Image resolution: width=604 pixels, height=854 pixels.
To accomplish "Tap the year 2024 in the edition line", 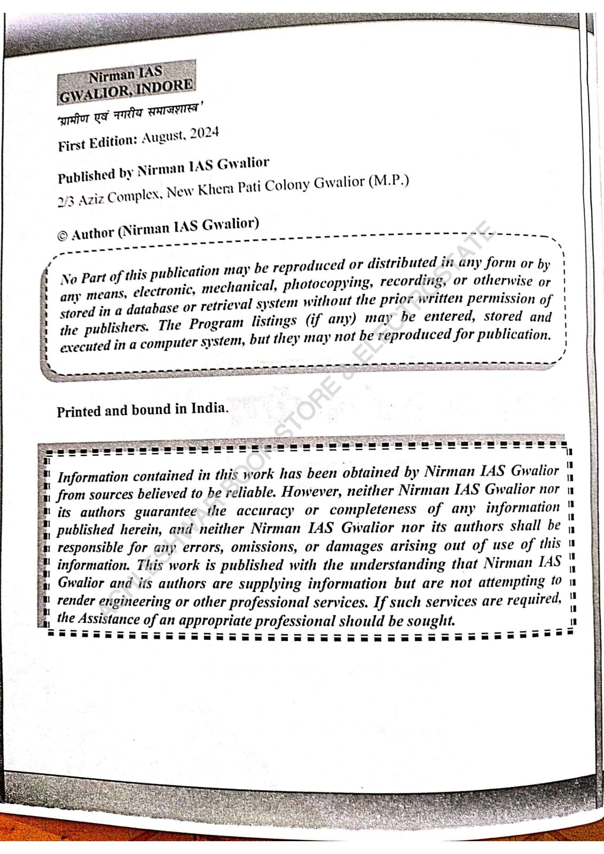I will point(204,134).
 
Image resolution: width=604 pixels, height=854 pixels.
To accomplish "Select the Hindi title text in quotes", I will point(131,114).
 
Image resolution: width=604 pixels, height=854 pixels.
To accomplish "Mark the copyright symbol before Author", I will point(62,236).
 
